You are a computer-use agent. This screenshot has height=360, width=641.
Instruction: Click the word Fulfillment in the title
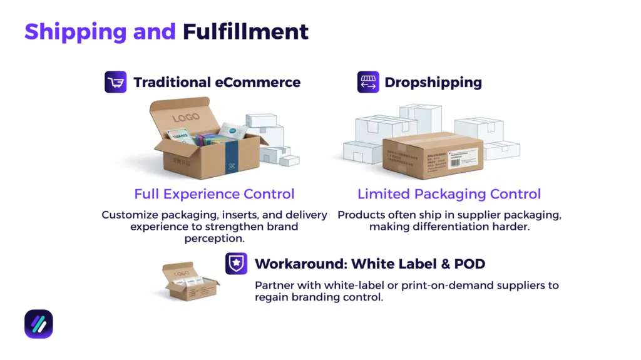pyautogui.click(x=245, y=31)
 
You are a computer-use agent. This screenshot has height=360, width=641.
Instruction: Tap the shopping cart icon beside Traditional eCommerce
pyautogui.click(x=115, y=82)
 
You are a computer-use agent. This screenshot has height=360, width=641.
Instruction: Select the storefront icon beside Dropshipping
pyautogui.click(x=368, y=82)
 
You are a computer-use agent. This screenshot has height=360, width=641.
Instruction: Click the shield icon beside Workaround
pyautogui.click(x=236, y=264)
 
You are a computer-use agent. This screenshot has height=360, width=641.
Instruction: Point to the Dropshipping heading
pyautogui.click(x=433, y=82)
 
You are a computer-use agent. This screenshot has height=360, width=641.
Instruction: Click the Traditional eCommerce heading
pyautogui.click(x=217, y=82)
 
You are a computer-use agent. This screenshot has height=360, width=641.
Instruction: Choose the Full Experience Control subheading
pyautogui.click(x=214, y=194)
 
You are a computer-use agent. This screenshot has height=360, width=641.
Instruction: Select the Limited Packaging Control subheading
pyautogui.click(x=449, y=194)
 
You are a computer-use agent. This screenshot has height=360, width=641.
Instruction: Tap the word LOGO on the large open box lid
pyautogui.click(x=186, y=117)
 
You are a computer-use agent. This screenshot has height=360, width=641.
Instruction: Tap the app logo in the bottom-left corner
pyautogui.click(x=39, y=324)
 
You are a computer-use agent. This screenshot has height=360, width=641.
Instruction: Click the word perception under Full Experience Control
pyautogui.click(x=214, y=238)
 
